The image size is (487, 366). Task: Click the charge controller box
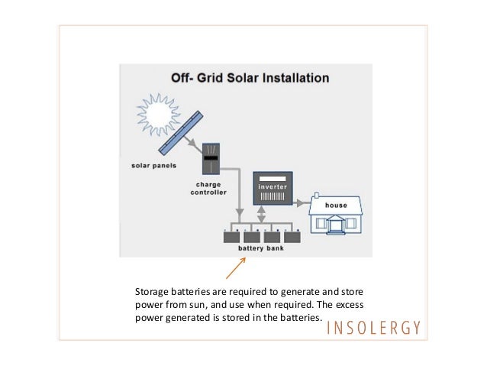point(211,157)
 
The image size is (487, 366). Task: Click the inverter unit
point(273,188)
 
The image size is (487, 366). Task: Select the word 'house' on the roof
point(336,206)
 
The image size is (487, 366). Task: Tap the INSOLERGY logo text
point(373,329)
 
